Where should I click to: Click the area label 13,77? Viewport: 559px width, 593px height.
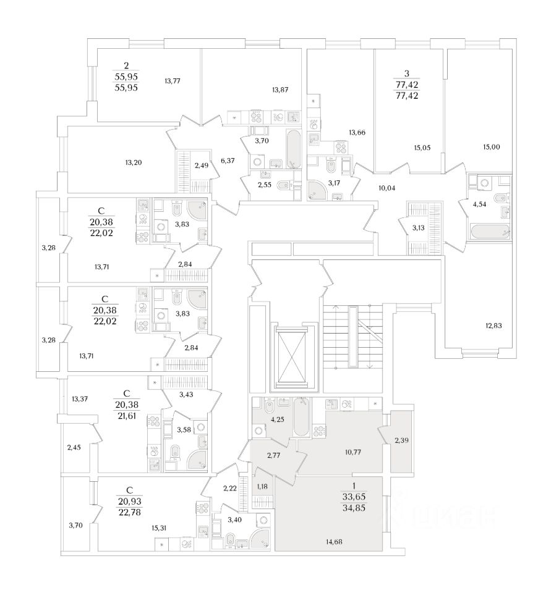[174, 80]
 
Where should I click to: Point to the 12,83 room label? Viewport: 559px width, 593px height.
[492, 325]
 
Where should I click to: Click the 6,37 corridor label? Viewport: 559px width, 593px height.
[228, 161]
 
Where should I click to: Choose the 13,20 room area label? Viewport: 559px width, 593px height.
[134, 162]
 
